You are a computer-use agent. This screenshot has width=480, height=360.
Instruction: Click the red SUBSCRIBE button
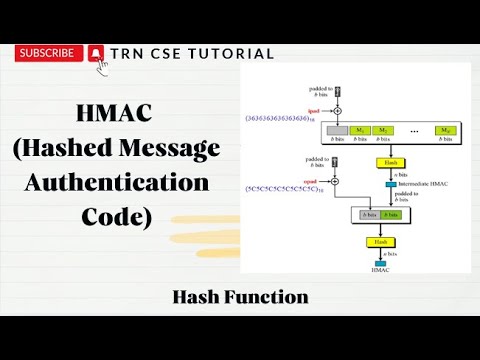pyautogui.click(x=46, y=53)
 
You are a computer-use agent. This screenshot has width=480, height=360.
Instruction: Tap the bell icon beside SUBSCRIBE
pyautogui.click(x=96, y=54)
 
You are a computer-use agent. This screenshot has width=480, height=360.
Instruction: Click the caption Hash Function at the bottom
pyautogui.click(x=240, y=296)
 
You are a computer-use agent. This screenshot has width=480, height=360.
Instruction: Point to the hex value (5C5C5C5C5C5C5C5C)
pyautogui.click(x=283, y=188)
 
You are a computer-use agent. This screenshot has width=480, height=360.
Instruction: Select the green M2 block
pyautogui.click(x=385, y=131)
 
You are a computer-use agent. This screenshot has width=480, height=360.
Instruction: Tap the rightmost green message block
pyautogui.click(x=447, y=131)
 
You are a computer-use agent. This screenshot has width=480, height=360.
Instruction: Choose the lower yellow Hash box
pyautogui.click(x=380, y=242)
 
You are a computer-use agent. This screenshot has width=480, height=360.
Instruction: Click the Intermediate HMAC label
pyautogui.click(x=420, y=184)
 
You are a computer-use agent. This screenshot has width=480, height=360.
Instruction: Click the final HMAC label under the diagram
pyautogui.click(x=380, y=271)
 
